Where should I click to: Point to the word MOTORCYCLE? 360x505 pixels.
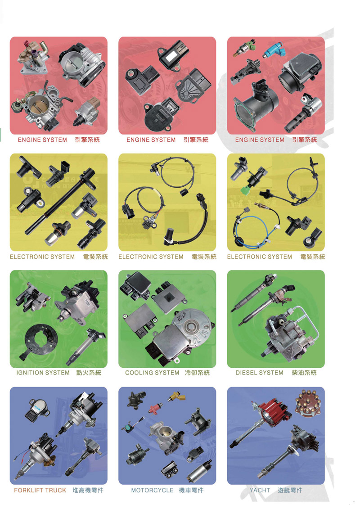(152, 490)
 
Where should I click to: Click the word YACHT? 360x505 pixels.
(260, 490)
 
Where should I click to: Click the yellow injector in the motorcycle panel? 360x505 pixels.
(177, 396)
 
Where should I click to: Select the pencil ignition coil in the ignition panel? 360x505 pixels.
(85, 347)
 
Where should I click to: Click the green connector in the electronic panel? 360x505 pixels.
(247, 189)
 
